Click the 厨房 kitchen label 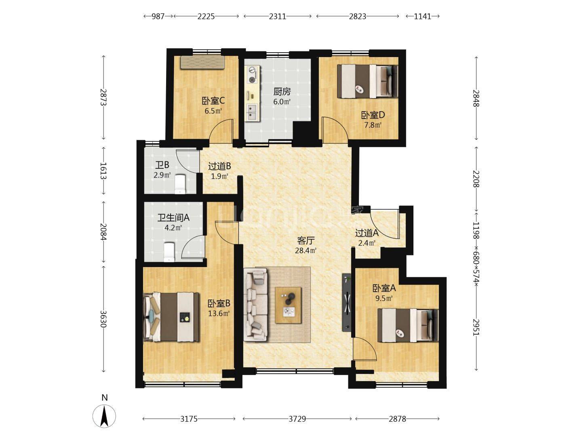point(282,92)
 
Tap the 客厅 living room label point(306,241)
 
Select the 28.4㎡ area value point(306,250)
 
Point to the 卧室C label point(213,101)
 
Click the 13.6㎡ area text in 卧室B point(219,314)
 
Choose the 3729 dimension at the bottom point(297,419)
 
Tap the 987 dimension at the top point(158,17)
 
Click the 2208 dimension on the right point(477,179)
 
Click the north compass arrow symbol point(104,416)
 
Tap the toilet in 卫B point(180,184)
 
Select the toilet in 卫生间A point(169,252)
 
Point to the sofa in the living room point(255,304)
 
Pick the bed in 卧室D point(367,81)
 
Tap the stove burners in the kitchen point(252,74)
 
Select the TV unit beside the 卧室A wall point(347,302)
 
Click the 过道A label point(367,233)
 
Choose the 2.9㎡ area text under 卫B point(162,175)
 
